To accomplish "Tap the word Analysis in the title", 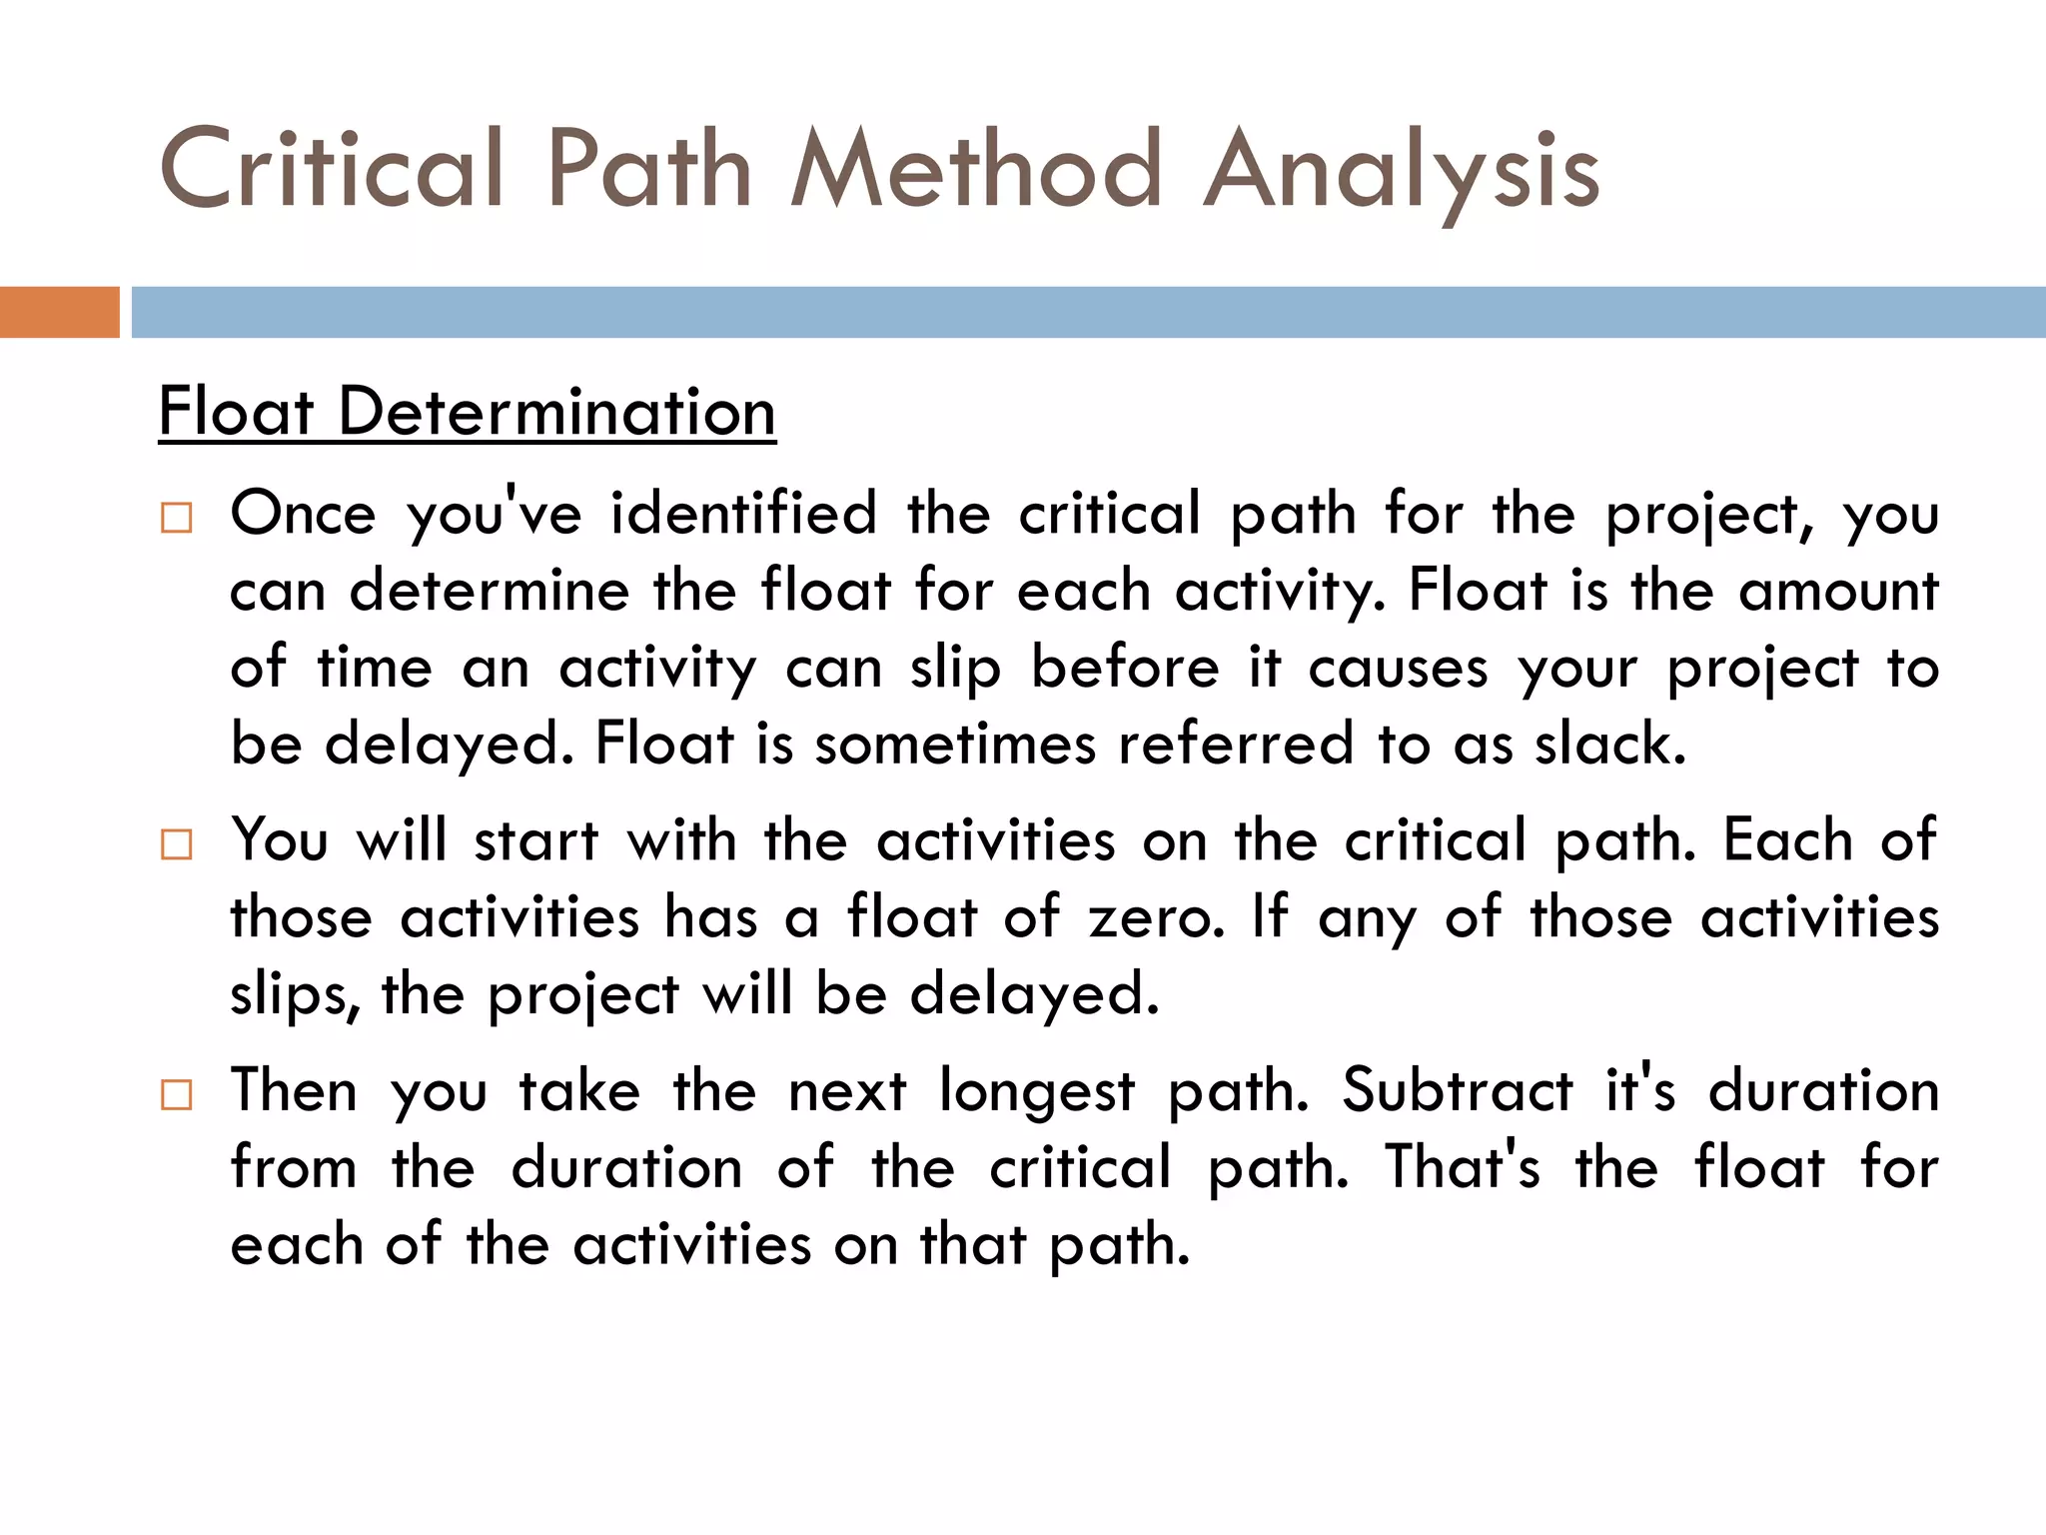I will tap(1401, 172).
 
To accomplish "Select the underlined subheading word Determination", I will tap(556, 412).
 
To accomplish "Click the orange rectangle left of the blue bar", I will tap(59, 312).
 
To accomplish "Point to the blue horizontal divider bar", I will tap(1087, 312).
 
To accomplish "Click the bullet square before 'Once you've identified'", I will tap(176, 518).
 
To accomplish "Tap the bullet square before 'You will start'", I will tap(176, 844).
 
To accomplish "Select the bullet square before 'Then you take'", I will tap(176, 1094).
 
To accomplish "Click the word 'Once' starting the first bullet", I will tap(303, 514).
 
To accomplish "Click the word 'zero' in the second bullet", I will tap(1155, 917).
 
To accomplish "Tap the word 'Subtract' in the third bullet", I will tap(1457, 1090).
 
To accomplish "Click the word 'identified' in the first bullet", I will tap(743, 514).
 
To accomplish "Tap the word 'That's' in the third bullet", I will tap(1463, 1167).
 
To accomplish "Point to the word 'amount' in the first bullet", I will tap(1837, 591).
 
